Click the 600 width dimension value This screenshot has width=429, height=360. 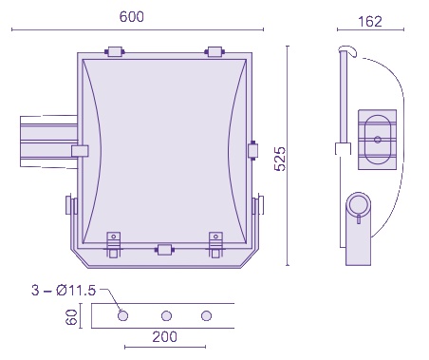pos(132,17)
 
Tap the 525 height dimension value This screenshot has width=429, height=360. pos(280,159)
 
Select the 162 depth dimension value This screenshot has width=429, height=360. pos(370,22)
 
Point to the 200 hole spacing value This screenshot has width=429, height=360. pos(164,337)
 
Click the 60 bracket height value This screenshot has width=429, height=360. pos(71,317)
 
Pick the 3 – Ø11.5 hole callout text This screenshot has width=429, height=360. pos(64,291)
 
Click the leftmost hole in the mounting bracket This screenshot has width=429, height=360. pos(122,315)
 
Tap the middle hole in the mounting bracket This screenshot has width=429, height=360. pos(166,315)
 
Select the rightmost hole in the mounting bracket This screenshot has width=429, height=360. pos(206,315)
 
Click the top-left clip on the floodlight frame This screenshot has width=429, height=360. pos(115,51)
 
